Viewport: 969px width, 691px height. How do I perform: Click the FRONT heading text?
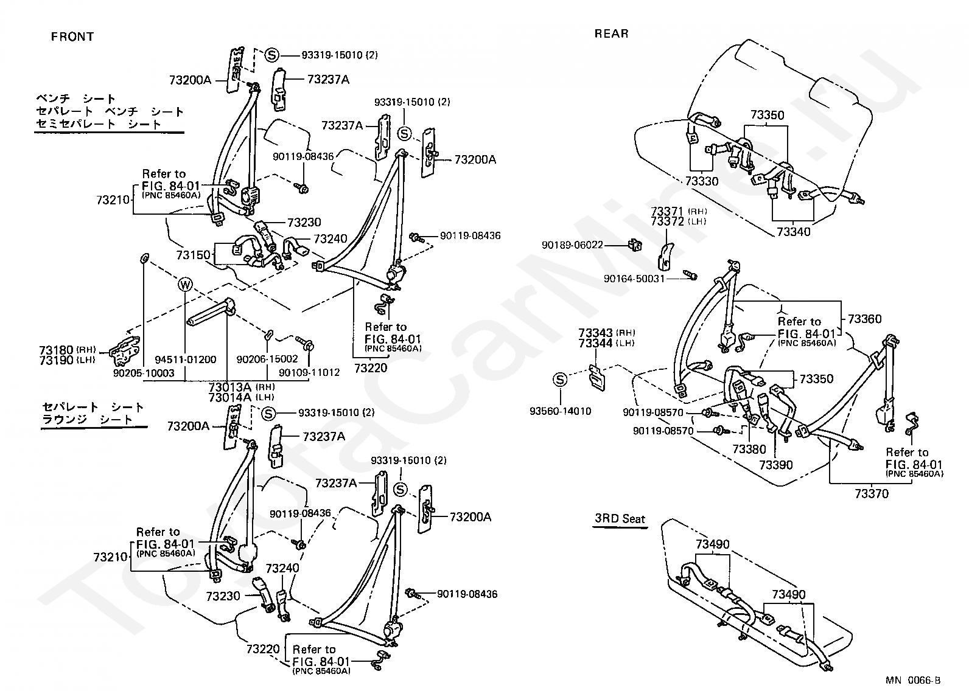pyautogui.click(x=72, y=36)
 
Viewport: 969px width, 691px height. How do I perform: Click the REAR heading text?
pyautogui.click(x=611, y=33)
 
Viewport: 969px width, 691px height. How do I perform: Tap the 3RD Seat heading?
pyautogui.click(x=620, y=518)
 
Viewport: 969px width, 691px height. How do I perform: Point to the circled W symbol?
pyautogui.click(x=185, y=285)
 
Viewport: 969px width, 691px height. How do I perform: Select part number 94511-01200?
pyautogui.click(x=185, y=359)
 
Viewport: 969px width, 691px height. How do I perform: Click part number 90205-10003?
pyautogui.click(x=144, y=373)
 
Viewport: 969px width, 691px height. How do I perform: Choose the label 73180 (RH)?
pyautogui.click(x=67, y=349)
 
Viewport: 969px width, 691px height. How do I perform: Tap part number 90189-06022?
pyautogui.click(x=572, y=245)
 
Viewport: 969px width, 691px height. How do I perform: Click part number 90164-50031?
pyautogui.click(x=634, y=279)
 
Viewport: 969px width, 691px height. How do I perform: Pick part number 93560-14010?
pyautogui.click(x=560, y=411)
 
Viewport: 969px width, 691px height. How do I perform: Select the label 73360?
pyautogui.click(x=864, y=319)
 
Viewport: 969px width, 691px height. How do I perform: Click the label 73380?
pyautogui.click(x=749, y=450)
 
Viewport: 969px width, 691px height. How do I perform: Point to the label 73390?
pyautogui.click(x=776, y=465)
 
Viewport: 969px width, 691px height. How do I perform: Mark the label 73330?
pyautogui.click(x=702, y=181)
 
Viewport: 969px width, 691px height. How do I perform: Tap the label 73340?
pyautogui.click(x=793, y=232)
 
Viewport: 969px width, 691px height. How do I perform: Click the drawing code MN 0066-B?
pyautogui.click(x=913, y=680)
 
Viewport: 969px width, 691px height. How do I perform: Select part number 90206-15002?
pyautogui.click(x=267, y=359)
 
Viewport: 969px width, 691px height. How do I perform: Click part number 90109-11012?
pyautogui.click(x=309, y=372)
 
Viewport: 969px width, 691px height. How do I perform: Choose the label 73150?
pyautogui.click(x=193, y=255)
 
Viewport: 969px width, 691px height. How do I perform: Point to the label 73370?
pyautogui.click(x=872, y=493)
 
